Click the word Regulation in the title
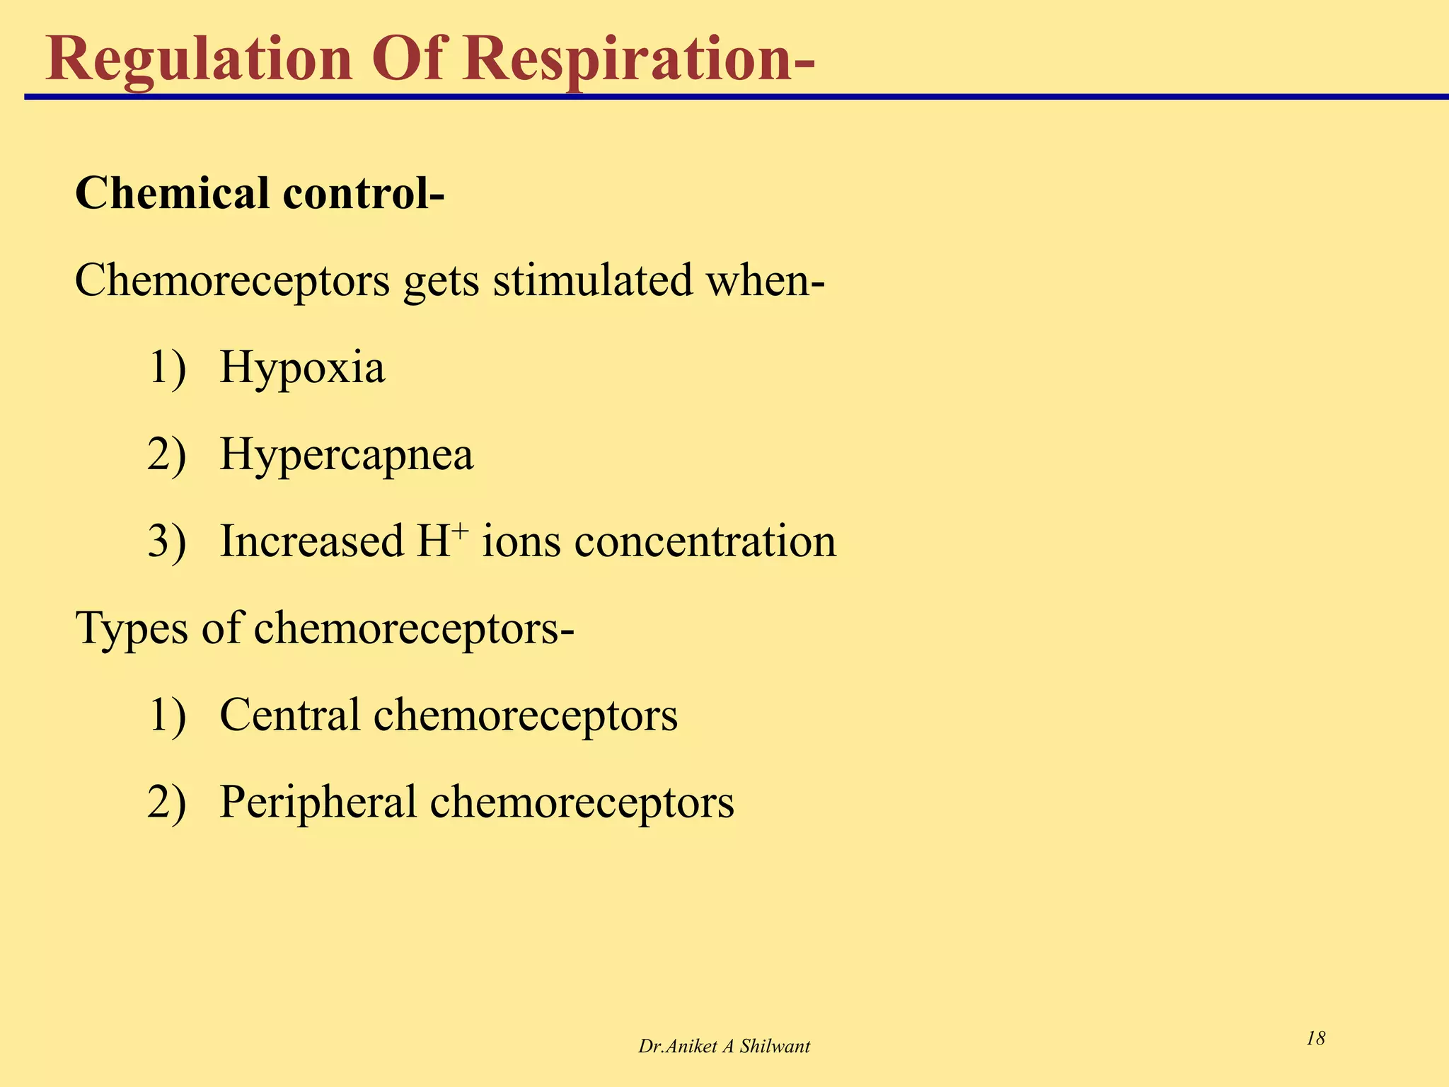pos(199,59)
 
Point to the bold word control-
pos(364,193)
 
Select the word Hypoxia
pos(303,368)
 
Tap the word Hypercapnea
pos(347,455)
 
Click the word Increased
pos(312,542)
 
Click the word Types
pos(131,629)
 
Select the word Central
pos(290,715)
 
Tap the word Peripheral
pos(318,803)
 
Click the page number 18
pos(1315,1039)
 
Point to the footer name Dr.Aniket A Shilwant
pos(724,1047)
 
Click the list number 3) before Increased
pos(167,542)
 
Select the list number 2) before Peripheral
pos(167,803)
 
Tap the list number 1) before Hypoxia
pos(167,368)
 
